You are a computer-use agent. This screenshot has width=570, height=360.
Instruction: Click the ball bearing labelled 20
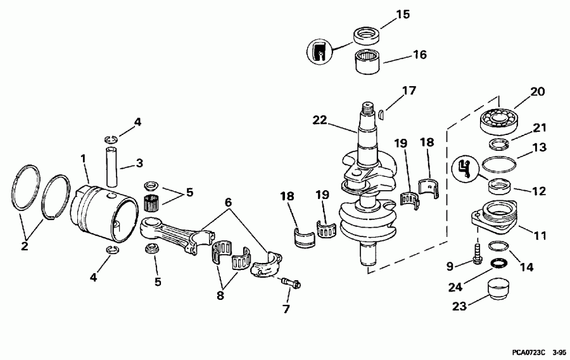pos(501,120)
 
